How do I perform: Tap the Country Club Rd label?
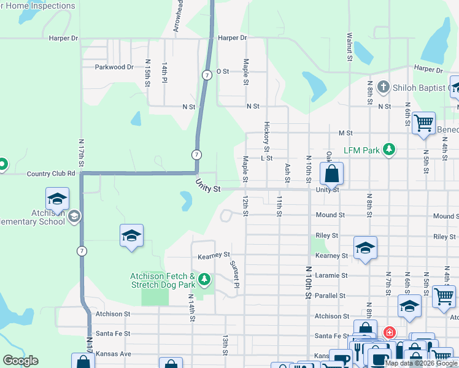pyautogui.click(x=52, y=174)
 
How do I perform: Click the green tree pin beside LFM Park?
pyautogui.click(x=388, y=149)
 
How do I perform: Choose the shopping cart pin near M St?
pyautogui.click(x=423, y=123)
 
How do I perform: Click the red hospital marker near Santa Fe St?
pyautogui.click(x=388, y=332)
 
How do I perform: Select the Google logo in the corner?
pyautogui.click(x=20, y=361)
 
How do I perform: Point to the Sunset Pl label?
pyautogui.click(x=234, y=273)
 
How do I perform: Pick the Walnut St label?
pyautogui.click(x=349, y=47)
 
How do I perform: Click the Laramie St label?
pyautogui.click(x=331, y=275)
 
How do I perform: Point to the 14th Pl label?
pyautogui.click(x=164, y=72)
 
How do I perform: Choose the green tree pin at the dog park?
pyautogui.click(x=204, y=280)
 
